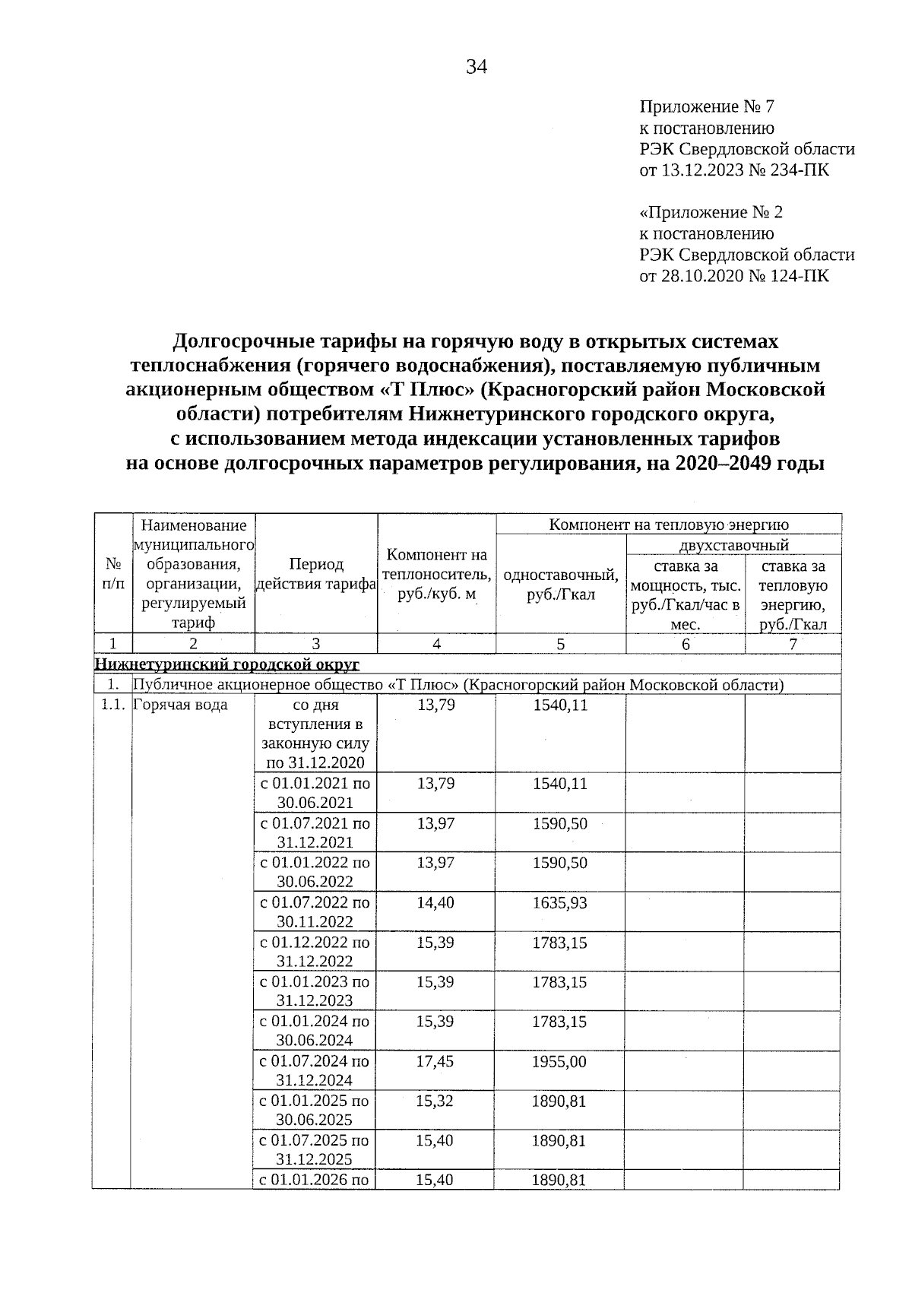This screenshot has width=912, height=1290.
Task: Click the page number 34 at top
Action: tap(477, 68)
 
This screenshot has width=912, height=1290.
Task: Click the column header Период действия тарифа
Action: tap(316, 574)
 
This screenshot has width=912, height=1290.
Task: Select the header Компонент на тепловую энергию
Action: tap(668, 525)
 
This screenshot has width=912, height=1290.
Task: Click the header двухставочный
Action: tap(733, 545)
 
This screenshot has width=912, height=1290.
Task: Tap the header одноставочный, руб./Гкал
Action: tap(561, 585)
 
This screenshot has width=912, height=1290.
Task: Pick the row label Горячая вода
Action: tap(180, 705)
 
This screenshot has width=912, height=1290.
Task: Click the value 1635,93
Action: tap(560, 903)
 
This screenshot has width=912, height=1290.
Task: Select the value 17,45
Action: tap(435, 1061)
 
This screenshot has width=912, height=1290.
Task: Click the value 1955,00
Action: tap(560, 1061)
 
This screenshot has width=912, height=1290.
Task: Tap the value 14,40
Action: tap(435, 903)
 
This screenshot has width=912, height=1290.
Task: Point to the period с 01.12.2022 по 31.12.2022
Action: tap(315, 952)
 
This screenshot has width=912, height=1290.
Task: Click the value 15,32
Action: tap(435, 1101)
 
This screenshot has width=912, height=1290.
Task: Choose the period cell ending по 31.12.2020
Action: tap(315, 734)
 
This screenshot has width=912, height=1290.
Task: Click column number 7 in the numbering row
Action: tap(793, 644)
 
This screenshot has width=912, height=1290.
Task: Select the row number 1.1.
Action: tap(112, 705)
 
